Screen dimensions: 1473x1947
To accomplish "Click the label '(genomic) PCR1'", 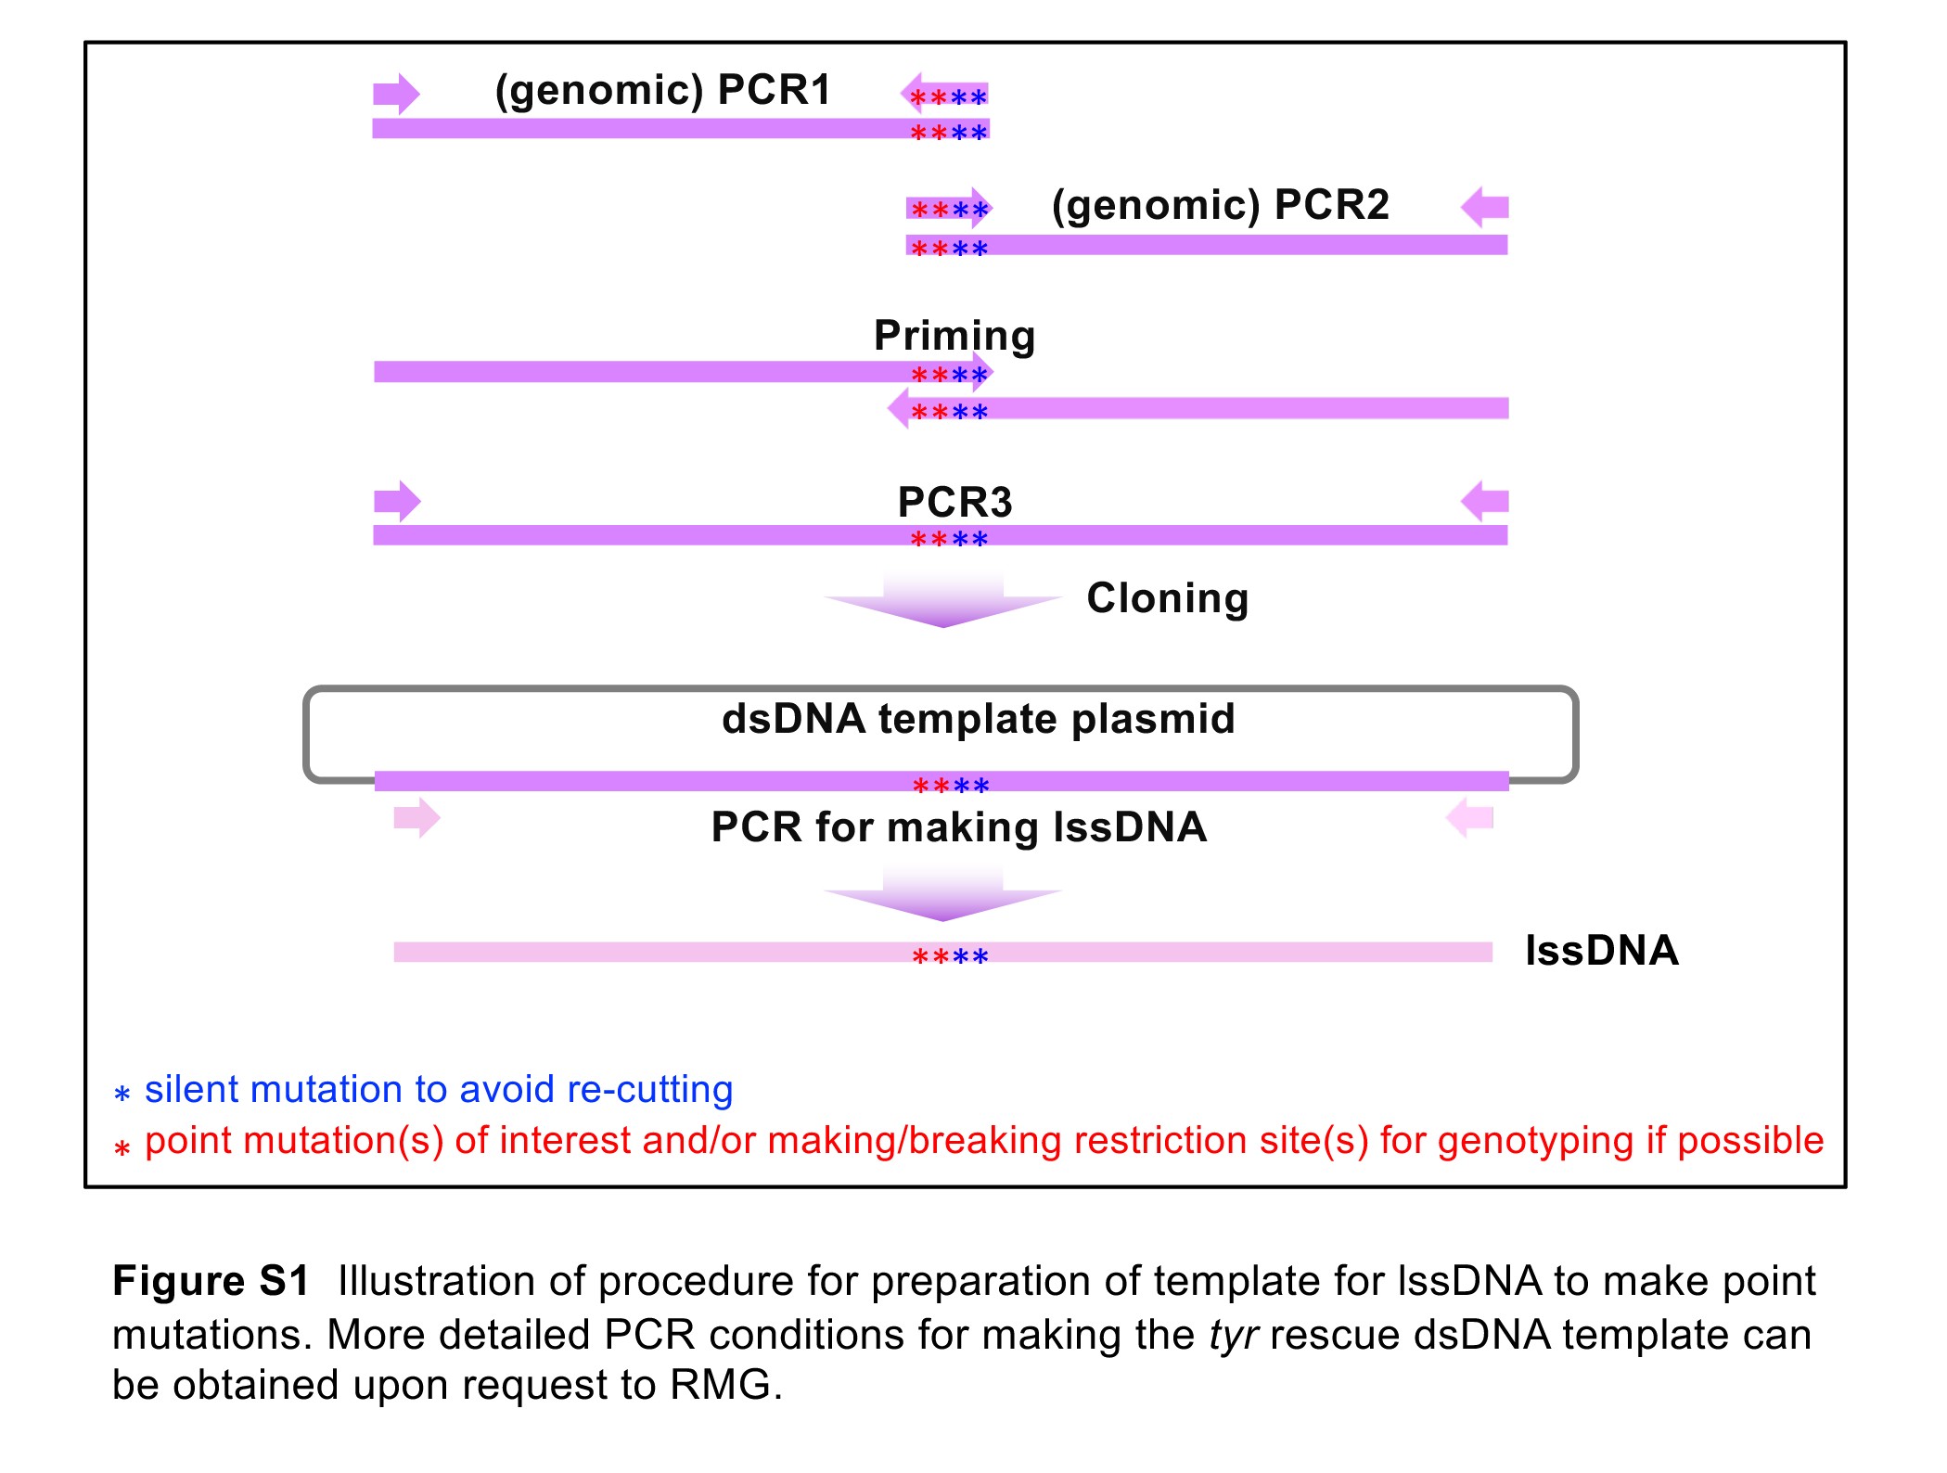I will [x=662, y=91].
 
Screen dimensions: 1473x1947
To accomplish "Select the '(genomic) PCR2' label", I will [x=1220, y=205].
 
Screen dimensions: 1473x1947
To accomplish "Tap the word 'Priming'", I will [x=954, y=336].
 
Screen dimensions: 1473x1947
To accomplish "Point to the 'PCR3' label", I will [x=954, y=503].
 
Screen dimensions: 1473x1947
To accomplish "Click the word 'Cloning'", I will [x=1167, y=598].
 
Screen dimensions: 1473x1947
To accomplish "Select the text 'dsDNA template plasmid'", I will [x=978, y=719].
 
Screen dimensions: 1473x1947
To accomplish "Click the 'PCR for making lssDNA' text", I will [x=958, y=827].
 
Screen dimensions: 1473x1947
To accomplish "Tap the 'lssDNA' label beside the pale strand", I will [x=1602, y=951].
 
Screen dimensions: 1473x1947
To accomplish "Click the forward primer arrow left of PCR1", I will [x=396, y=94].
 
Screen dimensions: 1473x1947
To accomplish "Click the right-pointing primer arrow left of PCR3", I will [x=397, y=502].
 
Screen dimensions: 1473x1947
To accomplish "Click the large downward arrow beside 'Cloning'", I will [x=942, y=601].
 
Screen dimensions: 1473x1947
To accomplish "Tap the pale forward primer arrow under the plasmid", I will [x=416, y=818].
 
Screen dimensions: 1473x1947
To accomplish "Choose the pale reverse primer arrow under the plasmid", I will [x=1470, y=818].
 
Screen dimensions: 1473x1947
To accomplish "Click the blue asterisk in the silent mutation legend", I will [x=122, y=1094].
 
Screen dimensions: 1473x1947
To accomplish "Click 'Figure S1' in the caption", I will [x=211, y=1281].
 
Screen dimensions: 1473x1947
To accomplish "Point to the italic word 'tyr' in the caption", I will [x=1233, y=1336].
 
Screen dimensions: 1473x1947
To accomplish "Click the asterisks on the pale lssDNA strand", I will [x=950, y=955].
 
